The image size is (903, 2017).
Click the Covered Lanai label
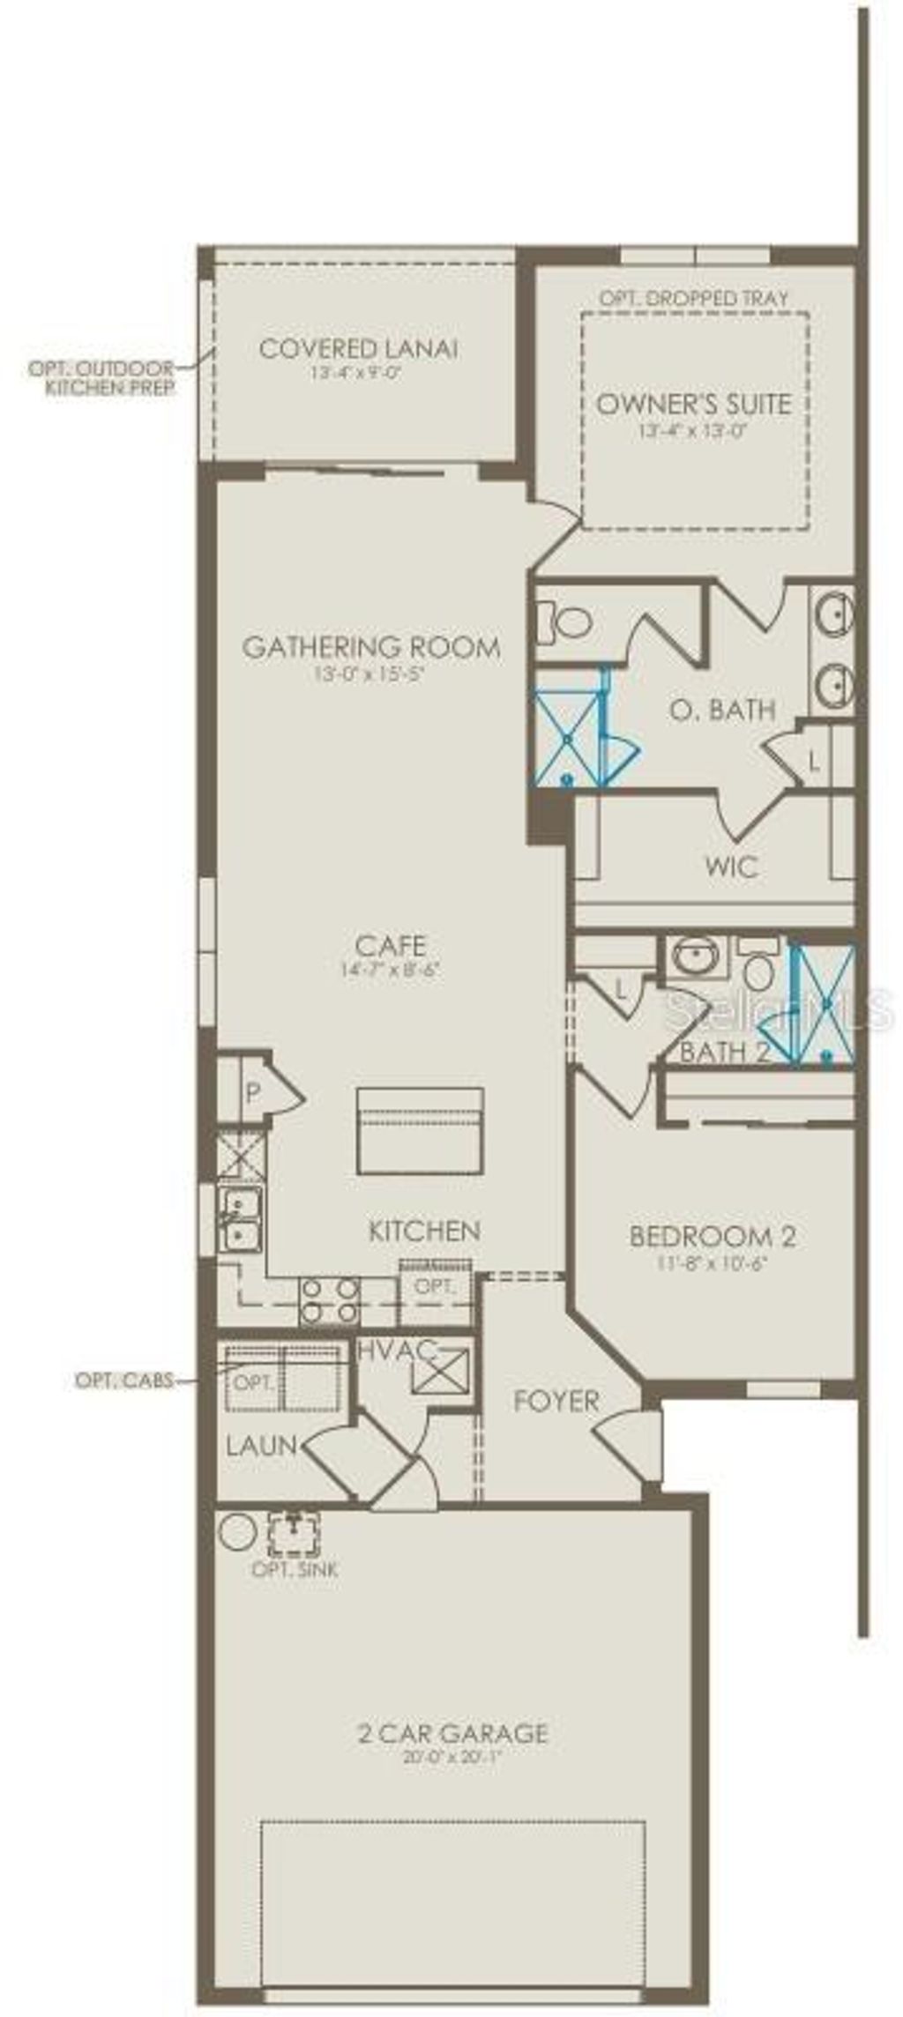pyautogui.click(x=358, y=349)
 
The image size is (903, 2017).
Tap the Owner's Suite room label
pyautogui.click(x=694, y=404)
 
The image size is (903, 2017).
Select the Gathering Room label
pyautogui.click(x=371, y=647)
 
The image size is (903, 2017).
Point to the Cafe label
pyautogui.click(x=390, y=946)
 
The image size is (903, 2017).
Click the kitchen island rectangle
pyautogui.click(x=420, y=1131)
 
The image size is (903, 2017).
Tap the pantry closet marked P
pyautogui.click(x=253, y=1095)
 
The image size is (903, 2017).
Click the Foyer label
pyautogui.click(x=556, y=1401)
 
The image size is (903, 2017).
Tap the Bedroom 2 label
pyautogui.click(x=713, y=1236)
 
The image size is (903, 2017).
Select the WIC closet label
pyautogui.click(x=731, y=867)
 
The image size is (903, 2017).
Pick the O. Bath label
pyautogui.click(x=721, y=709)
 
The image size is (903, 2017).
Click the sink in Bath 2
pyautogui.click(x=698, y=958)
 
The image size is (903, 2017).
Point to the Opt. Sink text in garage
pyautogui.click(x=295, y=1569)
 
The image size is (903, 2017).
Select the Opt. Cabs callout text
pyautogui.click(x=123, y=1381)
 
